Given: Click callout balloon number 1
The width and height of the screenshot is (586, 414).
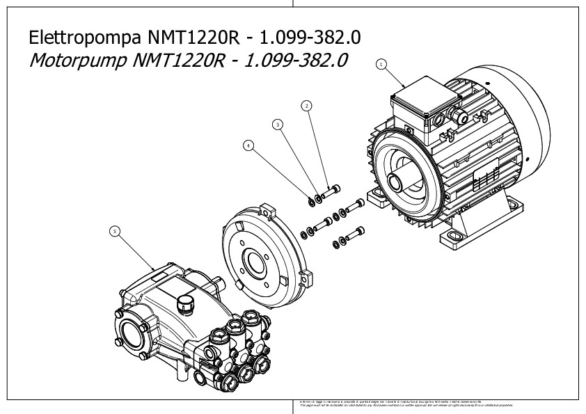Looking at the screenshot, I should (380, 63).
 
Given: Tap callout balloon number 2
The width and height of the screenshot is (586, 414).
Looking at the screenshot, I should (306, 106).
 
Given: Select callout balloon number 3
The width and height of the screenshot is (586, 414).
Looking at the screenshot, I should (278, 125).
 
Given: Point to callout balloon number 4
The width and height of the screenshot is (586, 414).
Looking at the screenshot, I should (248, 145).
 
